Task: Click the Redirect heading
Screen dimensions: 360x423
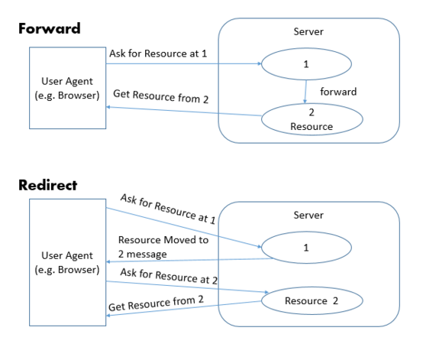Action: pos(47,185)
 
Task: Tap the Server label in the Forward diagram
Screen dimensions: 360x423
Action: pos(308,33)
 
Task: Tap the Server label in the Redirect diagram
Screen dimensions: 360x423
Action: pos(308,216)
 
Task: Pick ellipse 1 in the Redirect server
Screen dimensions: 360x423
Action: pos(305,248)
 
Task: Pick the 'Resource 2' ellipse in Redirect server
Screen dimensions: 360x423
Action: pos(311,301)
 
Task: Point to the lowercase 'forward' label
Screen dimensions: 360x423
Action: pos(338,91)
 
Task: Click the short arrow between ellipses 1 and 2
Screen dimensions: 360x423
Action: pos(306,92)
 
